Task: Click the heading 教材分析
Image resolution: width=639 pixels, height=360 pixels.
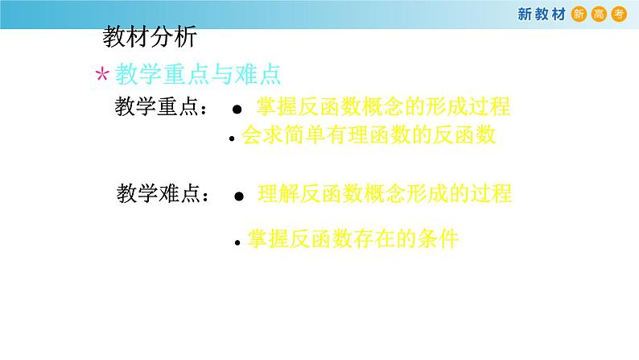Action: pyautogui.click(x=149, y=37)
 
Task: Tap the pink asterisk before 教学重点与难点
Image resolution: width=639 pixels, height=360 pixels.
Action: pyautogui.click(x=102, y=76)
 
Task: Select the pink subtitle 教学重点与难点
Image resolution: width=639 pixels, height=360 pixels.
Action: pyautogui.click(x=198, y=75)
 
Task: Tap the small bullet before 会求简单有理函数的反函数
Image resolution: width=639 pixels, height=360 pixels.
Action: pyautogui.click(x=232, y=139)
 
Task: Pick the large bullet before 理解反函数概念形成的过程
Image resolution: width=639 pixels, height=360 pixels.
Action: pyautogui.click(x=238, y=196)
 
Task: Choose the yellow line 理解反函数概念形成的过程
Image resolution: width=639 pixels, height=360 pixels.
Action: pyautogui.click(x=385, y=193)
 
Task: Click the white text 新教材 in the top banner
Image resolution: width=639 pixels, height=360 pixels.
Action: pyautogui.click(x=540, y=13)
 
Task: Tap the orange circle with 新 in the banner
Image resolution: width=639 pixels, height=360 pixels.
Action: pyautogui.click(x=578, y=13)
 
